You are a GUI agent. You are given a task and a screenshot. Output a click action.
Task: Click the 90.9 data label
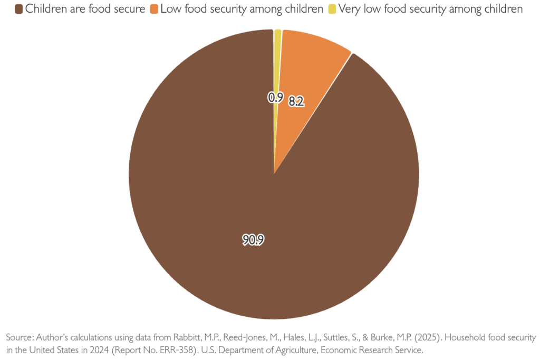point(253,240)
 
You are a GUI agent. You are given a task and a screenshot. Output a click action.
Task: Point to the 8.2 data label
point(296,102)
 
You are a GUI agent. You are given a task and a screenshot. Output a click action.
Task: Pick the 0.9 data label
point(275,98)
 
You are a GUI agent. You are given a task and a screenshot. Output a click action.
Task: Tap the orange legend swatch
point(154,9)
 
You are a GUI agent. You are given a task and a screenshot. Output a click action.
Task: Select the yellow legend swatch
point(332,9)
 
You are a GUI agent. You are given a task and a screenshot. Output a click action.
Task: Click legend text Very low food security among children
point(430,9)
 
